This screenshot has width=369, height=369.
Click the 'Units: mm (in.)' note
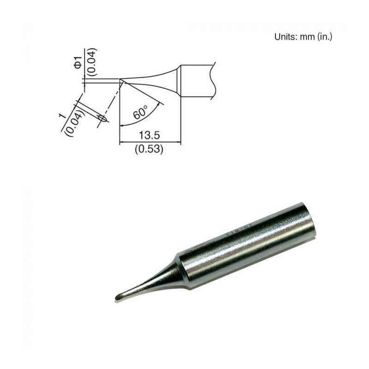303,36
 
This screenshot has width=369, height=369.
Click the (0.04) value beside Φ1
91,60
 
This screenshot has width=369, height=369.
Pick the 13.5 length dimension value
149,136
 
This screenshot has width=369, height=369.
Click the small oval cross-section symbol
103,119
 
